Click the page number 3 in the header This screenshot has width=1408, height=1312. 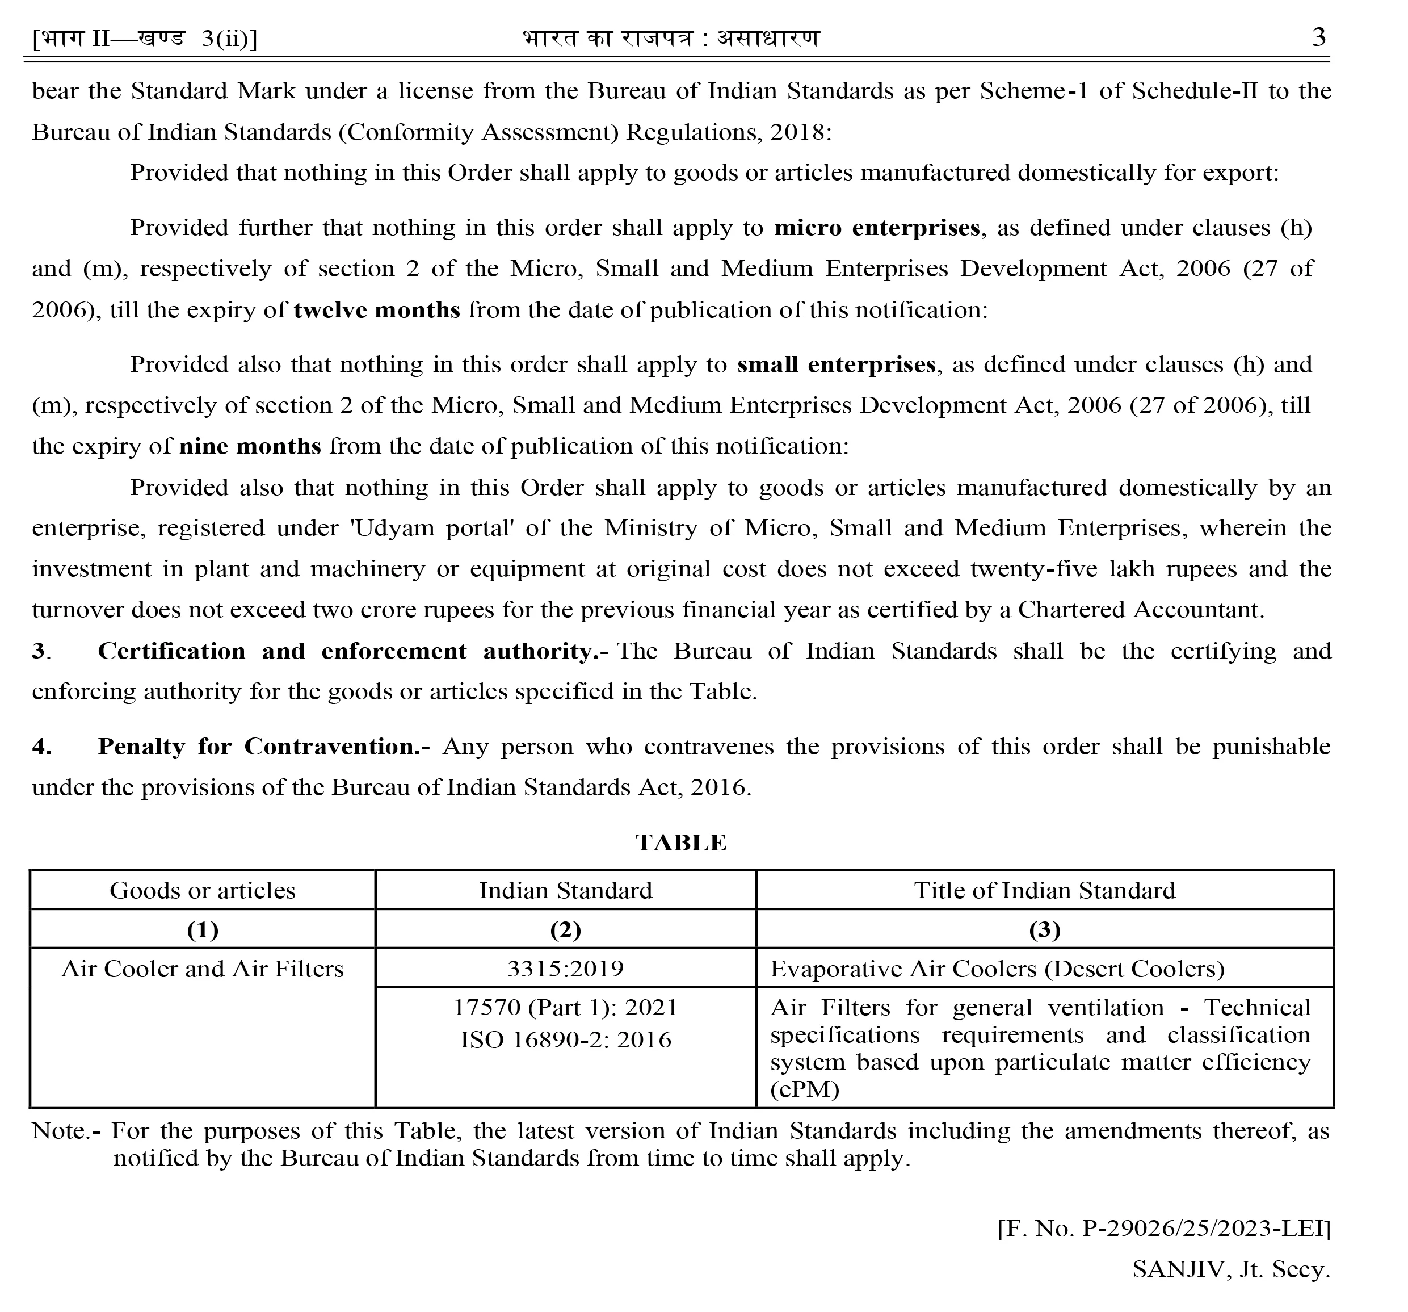click(1318, 37)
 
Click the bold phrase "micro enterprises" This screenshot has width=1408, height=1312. click(877, 228)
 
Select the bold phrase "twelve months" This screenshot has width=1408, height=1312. click(377, 311)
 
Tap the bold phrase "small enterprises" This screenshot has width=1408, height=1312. click(837, 365)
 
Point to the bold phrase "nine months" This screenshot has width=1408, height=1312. click(250, 446)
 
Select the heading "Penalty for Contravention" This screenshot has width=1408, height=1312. click(263, 747)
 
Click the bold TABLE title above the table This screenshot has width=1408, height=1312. click(680, 842)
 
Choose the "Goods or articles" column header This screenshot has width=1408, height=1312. click(203, 891)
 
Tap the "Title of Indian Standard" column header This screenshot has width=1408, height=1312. click(1045, 891)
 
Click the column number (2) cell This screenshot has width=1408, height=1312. click(565, 929)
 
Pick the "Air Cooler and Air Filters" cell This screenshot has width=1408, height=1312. click(203, 969)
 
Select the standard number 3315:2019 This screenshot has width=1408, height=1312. click(565, 969)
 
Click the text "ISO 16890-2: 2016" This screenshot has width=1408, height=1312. click(565, 1040)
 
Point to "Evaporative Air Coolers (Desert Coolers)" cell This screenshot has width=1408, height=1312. click(997, 969)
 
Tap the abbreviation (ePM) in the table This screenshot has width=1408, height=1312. click(805, 1089)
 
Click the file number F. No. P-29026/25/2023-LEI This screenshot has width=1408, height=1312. click(1163, 1228)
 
